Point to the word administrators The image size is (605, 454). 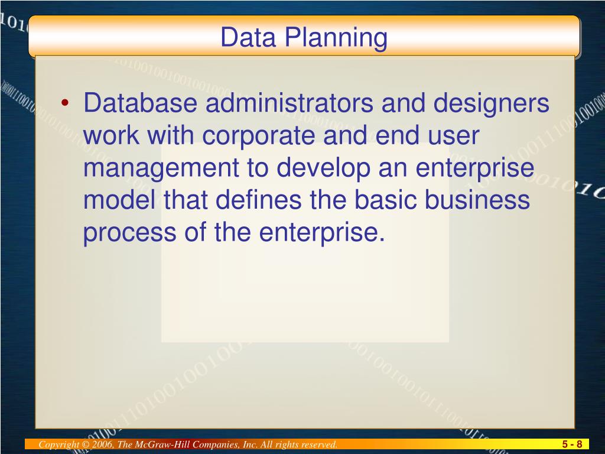[289, 105]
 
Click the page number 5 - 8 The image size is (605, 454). [572, 445]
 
